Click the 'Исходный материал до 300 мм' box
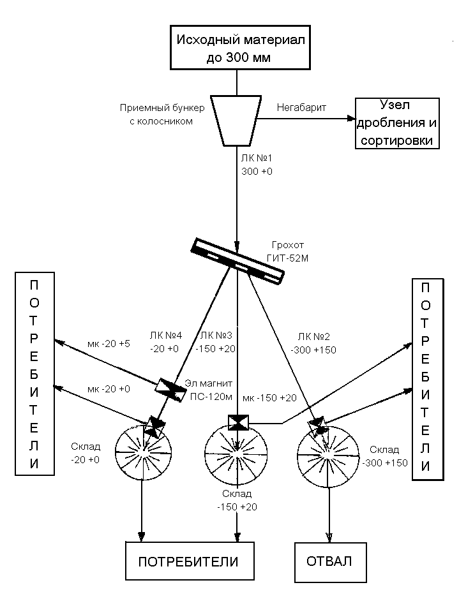238,48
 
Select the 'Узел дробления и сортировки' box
397,123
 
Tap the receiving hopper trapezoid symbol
237,120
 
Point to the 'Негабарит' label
301,108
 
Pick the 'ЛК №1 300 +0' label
257,165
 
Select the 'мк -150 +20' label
269,398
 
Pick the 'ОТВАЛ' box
330,561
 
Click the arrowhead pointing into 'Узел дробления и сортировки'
350,119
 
